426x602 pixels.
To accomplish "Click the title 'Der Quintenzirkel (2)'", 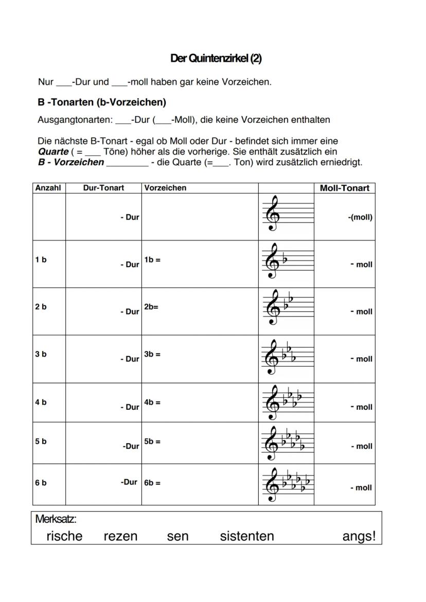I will pos(216,59).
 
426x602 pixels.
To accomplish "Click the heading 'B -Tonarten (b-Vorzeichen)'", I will pos(102,102).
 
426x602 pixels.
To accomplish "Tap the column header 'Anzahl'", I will pos(48,188).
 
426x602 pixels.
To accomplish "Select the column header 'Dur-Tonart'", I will pos(103,188).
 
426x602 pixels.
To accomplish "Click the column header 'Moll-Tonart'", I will pos(344,188).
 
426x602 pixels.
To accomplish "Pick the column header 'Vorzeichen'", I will pos(165,188).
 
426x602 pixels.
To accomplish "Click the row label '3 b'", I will pos(41,354).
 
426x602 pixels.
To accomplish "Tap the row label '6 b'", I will pos(41,483).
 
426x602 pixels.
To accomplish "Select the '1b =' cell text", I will pos(152,260).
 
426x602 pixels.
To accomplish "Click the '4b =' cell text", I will pos(152,403).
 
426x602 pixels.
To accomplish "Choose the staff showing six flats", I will pos(287,484).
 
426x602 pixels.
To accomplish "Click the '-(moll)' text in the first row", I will pos(360,217).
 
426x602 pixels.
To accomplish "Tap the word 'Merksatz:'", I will pos(56,519).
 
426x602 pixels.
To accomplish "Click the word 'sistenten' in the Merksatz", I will pos(247,536).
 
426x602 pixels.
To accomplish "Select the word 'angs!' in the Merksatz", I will pos(359,537).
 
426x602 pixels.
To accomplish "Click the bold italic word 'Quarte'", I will pos(54,152).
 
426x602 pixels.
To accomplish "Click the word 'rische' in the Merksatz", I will pos(64,536).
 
